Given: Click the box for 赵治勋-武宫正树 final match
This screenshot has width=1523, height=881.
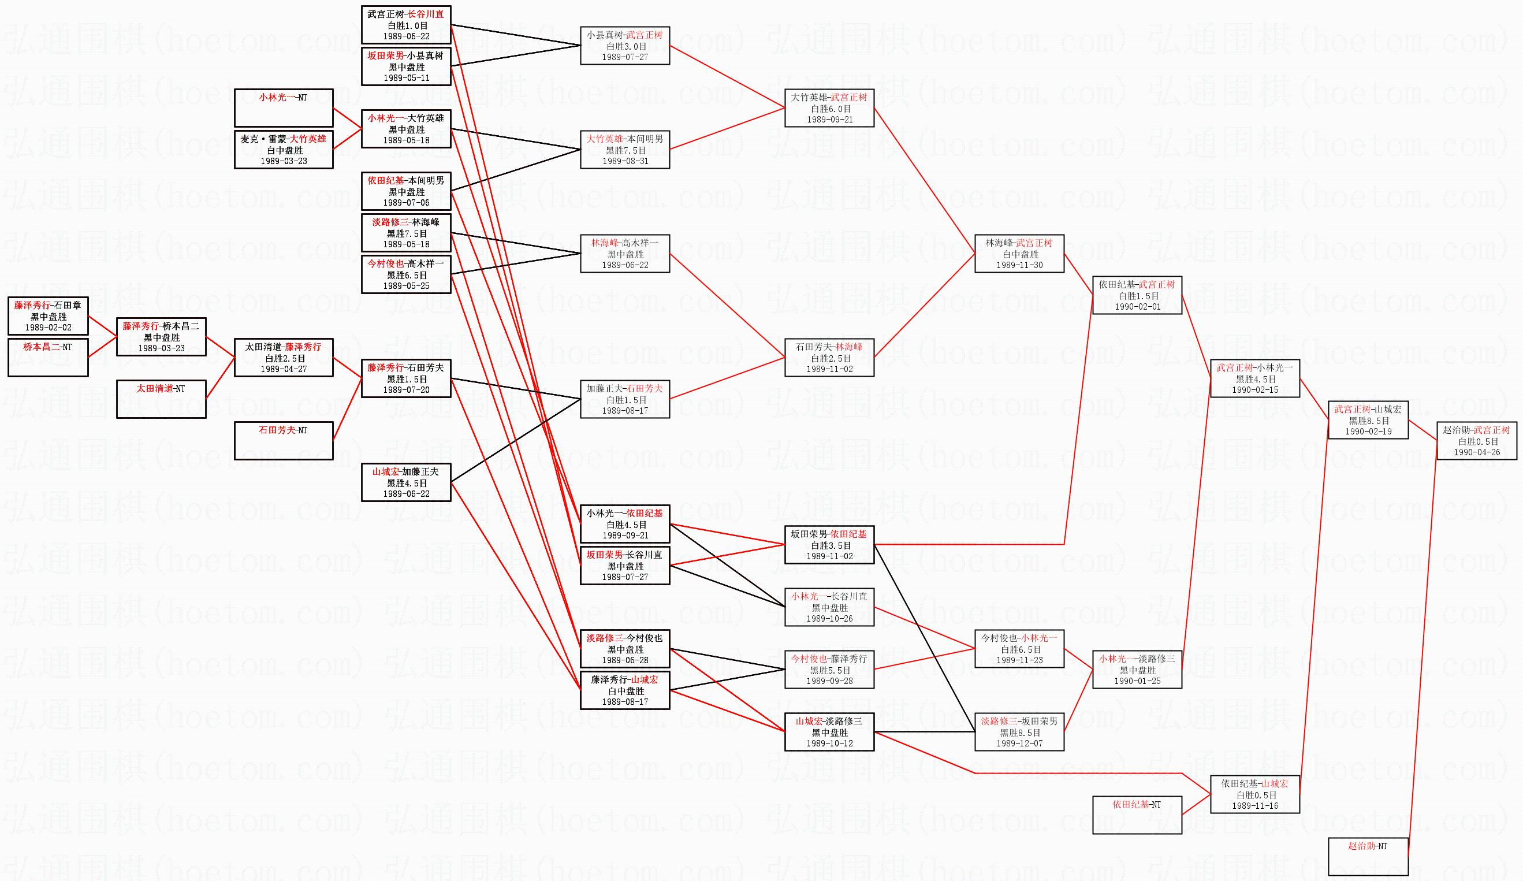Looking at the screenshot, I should [1476, 441].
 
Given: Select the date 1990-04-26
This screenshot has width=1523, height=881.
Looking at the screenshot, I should [1476, 452].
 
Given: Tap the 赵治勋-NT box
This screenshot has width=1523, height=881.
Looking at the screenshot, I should [1368, 856].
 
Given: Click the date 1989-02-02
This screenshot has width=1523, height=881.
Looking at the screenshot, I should [49, 328].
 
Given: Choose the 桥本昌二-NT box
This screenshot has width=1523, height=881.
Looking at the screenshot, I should [49, 357].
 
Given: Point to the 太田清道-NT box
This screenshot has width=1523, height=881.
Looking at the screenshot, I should [161, 399].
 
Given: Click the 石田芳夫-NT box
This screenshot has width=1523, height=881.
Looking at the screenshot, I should [284, 440].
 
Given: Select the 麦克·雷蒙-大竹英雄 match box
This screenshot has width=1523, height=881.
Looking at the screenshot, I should [284, 150].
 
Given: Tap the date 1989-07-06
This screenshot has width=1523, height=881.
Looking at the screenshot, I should [406, 203].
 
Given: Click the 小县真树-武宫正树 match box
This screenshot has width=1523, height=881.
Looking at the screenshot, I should [625, 46].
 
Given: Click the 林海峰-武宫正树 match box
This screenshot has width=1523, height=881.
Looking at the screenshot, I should [1019, 254].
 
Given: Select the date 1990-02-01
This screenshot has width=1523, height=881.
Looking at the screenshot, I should [1137, 307].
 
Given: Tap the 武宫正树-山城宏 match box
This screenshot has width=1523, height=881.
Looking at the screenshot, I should [1368, 420].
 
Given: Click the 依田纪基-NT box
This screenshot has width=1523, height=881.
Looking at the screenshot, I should [1137, 815].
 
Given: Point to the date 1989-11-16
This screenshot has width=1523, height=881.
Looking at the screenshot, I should [1254, 806].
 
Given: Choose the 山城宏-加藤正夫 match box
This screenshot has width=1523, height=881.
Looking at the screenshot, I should [406, 482].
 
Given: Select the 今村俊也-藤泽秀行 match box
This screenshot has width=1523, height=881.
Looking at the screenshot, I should [829, 670].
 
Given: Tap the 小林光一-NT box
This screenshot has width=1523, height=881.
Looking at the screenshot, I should [284, 107].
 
